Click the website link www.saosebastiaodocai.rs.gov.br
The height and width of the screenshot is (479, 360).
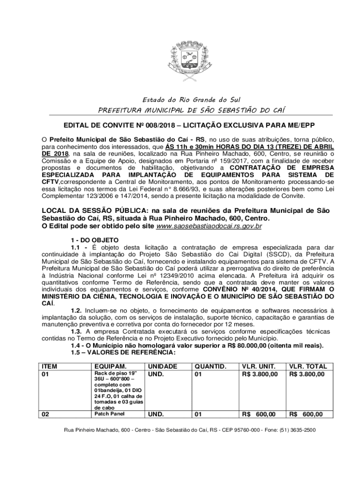point(209,226)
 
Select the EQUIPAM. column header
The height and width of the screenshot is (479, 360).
point(110,366)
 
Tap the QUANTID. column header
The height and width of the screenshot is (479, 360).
point(210,366)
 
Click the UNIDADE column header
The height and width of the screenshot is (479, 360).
point(162,366)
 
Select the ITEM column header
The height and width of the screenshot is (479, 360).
point(50,366)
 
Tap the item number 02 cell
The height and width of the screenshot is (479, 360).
point(46,414)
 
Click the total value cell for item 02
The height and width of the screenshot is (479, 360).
point(306,414)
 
